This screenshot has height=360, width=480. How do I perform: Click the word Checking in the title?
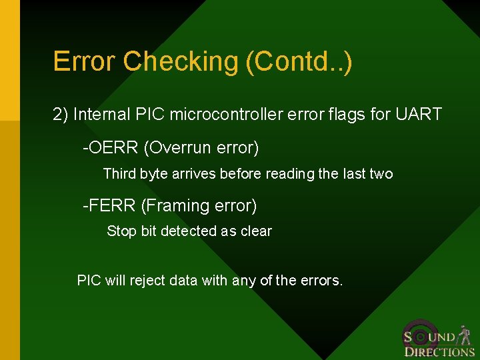(x=181, y=61)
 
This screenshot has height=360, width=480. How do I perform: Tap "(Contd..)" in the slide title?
(x=299, y=61)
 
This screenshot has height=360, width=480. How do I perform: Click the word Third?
(x=119, y=174)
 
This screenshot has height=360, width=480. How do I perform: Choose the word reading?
(x=289, y=174)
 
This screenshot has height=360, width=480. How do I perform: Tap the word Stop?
(x=121, y=231)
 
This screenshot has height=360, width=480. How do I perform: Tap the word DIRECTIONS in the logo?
(x=439, y=352)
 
